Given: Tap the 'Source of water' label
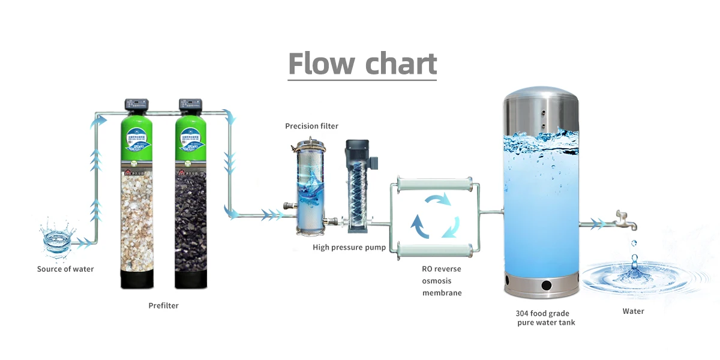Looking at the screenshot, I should click(65, 269).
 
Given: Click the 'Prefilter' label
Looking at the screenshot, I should click(163, 305).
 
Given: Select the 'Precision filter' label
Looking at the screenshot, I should click(311, 126).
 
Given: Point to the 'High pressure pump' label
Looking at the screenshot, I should click(349, 247).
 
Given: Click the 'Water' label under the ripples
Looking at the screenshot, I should click(633, 311).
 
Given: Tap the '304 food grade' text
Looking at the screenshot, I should click(542, 313).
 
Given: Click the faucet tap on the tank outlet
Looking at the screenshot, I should click(624, 221).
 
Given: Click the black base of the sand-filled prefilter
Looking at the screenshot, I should click(137, 277).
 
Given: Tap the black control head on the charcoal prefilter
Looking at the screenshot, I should click(190, 104).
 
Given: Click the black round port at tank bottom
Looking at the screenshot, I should click(547, 285).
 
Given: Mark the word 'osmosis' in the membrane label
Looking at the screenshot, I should click(436, 281).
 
